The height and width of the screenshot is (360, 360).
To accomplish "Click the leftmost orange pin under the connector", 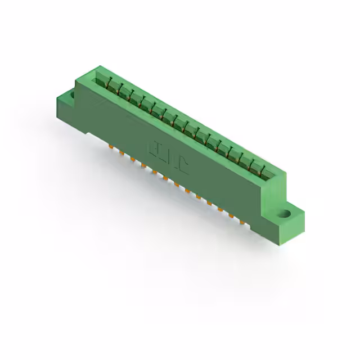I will click(111, 148).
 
